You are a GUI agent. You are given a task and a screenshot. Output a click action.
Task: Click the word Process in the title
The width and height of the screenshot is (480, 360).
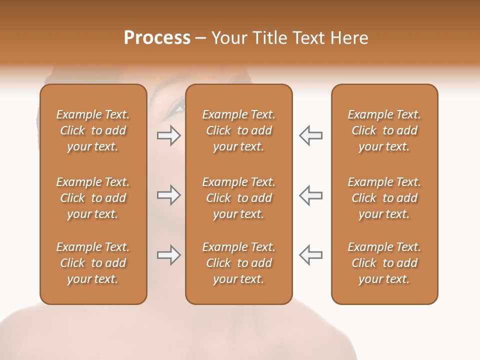pyautogui.click(x=157, y=38)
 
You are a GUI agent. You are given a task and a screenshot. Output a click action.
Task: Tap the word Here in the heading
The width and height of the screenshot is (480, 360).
pyautogui.click(x=348, y=38)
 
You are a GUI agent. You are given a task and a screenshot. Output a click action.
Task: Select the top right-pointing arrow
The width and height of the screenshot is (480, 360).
pyautogui.click(x=168, y=135)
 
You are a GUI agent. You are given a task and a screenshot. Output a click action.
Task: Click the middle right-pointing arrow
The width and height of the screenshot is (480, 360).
pyautogui.click(x=168, y=195)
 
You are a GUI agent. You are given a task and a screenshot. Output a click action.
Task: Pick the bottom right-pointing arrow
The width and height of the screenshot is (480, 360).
pyautogui.click(x=168, y=255)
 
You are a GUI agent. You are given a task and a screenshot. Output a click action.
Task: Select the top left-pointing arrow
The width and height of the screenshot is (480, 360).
pyautogui.click(x=310, y=135)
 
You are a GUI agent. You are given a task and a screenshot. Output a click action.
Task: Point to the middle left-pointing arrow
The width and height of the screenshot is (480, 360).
pyautogui.click(x=310, y=195)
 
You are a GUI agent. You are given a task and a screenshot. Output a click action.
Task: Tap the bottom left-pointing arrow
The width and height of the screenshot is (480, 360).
pyautogui.click(x=310, y=255)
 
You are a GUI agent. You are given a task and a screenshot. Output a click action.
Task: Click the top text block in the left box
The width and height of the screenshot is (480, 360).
pyautogui.click(x=93, y=130)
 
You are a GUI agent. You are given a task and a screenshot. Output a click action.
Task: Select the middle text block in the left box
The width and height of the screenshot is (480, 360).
pyautogui.click(x=93, y=198)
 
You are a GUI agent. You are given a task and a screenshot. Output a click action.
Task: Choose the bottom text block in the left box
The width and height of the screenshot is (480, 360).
pyautogui.click(x=93, y=263)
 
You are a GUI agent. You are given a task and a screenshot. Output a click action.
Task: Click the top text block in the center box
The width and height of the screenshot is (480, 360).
pyautogui.click(x=238, y=130)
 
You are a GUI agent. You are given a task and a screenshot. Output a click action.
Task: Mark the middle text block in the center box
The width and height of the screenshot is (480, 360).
pyautogui.click(x=238, y=198)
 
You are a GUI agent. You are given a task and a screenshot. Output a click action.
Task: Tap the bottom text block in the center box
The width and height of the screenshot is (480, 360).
pyautogui.click(x=238, y=263)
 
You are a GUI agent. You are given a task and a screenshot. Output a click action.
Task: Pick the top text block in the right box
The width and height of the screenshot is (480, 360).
pyautogui.click(x=384, y=130)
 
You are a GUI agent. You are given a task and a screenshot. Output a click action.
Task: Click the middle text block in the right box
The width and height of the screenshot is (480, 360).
pyautogui.click(x=384, y=198)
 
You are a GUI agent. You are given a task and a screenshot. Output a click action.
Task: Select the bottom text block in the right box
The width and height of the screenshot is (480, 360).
pyautogui.click(x=384, y=263)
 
